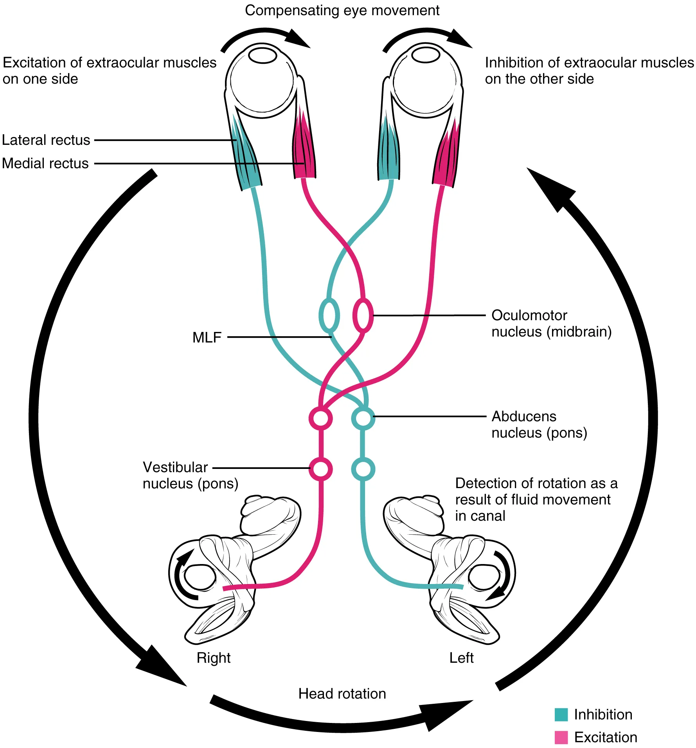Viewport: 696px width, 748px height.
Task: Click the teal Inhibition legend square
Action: click(x=561, y=714)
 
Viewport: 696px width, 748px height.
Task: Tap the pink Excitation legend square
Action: click(x=561, y=737)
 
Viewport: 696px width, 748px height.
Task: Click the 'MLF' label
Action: click(x=207, y=337)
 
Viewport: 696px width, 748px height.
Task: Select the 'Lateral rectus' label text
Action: click(x=46, y=140)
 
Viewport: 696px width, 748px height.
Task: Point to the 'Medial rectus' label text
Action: click(x=45, y=164)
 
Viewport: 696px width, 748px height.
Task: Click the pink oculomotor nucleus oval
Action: click(x=363, y=315)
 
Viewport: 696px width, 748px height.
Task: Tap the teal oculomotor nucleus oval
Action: click(x=329, y=315)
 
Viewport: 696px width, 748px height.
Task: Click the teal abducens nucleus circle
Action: click(x=363, y=418)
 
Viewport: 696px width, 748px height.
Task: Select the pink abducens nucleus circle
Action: click(x=320, y=418)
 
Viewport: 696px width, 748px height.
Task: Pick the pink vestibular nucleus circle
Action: click(x=320, y=469)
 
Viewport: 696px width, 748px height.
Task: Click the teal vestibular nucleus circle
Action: click(x=363, y=469)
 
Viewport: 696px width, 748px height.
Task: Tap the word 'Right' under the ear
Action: click(x=213, y=658)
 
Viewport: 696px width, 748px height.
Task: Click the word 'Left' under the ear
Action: click(x=461, y=658)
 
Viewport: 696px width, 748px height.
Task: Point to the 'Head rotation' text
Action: click(x=342, y=694)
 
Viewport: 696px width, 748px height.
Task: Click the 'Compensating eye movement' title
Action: click(x=342, y=11)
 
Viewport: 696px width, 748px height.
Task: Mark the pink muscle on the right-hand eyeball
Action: click(x=446, y=157)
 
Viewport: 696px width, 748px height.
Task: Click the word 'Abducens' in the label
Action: click(x=524, y=416)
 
